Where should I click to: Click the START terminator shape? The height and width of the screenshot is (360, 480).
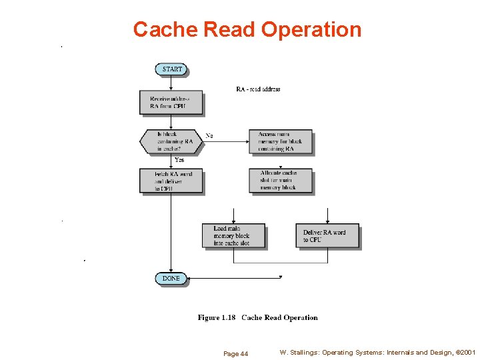tap(171, 69)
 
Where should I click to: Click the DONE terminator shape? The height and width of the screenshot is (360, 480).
tap(171, 278)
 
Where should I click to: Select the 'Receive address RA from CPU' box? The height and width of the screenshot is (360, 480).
tap(171, 103)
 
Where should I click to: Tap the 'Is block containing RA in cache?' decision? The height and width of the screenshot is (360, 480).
tap(171, 141)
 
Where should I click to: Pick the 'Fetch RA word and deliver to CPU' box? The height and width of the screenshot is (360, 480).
tap(171, 181)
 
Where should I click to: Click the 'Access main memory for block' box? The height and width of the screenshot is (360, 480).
tap(280, 141)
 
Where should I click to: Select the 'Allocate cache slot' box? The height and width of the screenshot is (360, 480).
tap(280, 181)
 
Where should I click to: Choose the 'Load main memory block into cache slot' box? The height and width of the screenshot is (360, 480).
tap(233, 235)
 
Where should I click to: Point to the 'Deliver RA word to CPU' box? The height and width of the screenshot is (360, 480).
tap(327, 236)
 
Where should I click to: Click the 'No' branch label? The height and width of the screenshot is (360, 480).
tap(209, 136)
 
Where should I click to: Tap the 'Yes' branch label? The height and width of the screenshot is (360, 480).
tap(179, 160)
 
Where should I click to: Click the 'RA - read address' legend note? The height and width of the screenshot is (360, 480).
tap(258, 89)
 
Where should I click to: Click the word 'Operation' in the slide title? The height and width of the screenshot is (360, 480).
tap(311, 29)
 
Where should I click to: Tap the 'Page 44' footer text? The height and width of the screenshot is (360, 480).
tap(235, 353)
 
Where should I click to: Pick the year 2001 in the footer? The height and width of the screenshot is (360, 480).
tap(467, 352)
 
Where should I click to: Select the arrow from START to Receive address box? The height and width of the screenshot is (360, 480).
tap(171, 83)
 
